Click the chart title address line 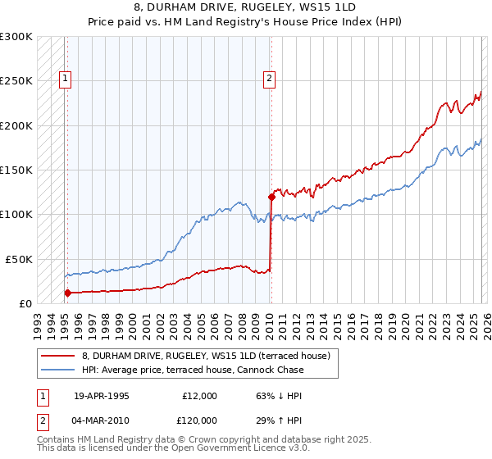(x=245, y=7)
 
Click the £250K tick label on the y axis (x=16, y=81)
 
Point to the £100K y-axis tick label (x=16, y=214)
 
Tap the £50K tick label (x=19, y=259)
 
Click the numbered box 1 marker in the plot (x=65, y=79)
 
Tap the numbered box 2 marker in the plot (x=268, y=79)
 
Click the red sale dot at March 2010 (x=271, y=197)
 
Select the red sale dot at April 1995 (x=67, y=293)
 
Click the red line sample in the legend (x=57, y=356)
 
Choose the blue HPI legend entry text (x=192, y=370)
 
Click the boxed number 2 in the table (x=42, y=420)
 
